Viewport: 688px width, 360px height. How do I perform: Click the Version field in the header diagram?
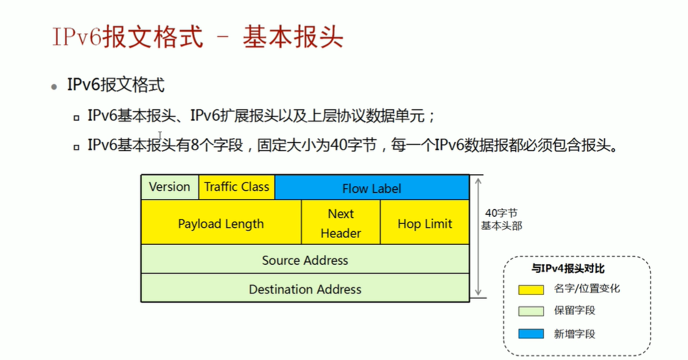coord(170,187)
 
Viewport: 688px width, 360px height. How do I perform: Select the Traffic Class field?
coord(237,187)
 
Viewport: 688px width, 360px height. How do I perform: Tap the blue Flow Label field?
coord(372,188)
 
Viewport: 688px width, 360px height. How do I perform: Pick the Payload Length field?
coord(221,224)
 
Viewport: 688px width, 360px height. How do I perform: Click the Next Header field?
coord(341,224)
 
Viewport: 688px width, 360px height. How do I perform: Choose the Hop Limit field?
coord(425,224)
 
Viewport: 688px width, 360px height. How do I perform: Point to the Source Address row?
coord(305,260)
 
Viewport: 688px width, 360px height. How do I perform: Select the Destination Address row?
coord(305,289)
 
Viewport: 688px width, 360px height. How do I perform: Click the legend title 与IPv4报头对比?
coord(568,269)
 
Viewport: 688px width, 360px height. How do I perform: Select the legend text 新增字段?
coord(574,334)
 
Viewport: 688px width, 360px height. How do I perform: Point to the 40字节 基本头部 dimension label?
coord(502,219)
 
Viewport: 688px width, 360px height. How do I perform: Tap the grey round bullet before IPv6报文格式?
coord(55,86)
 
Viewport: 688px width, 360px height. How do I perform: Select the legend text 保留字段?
coord(574,311)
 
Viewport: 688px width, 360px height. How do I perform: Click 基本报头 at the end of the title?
coord(293,37)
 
